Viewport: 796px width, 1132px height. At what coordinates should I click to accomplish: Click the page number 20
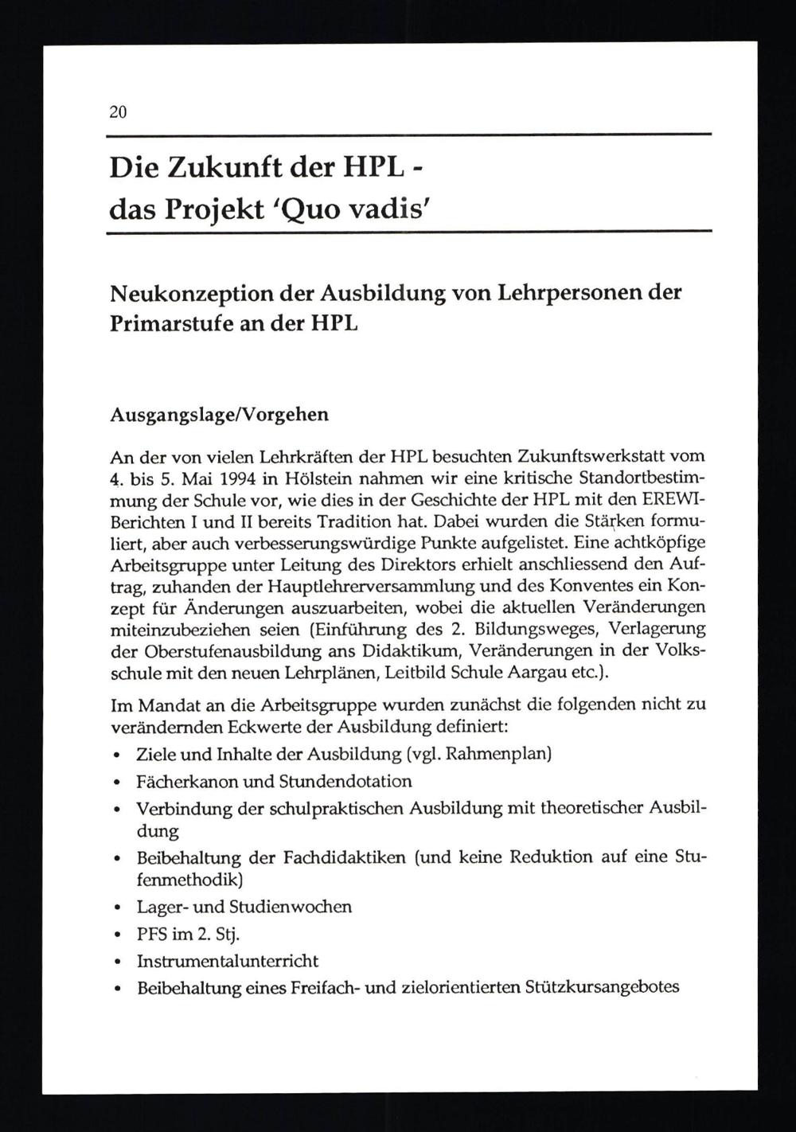[x=118, y=112]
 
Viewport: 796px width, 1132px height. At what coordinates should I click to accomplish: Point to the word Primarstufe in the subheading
[x=169, y=324]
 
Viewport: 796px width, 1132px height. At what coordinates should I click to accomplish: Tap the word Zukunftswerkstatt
[x=592, y=458]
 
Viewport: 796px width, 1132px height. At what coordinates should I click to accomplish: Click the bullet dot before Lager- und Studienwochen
[x=118, y=908]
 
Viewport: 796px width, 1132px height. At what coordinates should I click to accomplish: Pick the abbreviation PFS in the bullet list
[x=151, y=934]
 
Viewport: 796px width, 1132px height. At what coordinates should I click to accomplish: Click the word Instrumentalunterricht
[x=228, y=961]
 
